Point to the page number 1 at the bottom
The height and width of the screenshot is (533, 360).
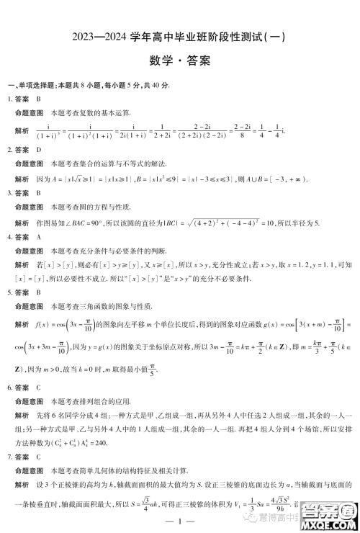pyautogui.click(x=180, y=521)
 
